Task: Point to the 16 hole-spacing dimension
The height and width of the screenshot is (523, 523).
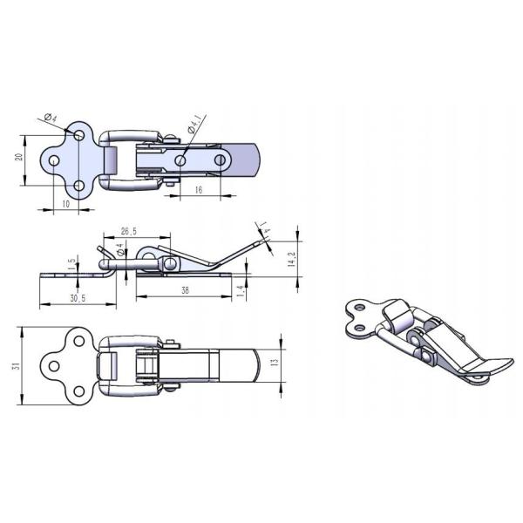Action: pos(198,190)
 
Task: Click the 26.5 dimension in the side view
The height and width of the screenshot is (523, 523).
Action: pos(129,232)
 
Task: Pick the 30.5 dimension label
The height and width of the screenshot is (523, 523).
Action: pos(77,298)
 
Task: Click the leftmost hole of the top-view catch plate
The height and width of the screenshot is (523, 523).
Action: pos(54,160)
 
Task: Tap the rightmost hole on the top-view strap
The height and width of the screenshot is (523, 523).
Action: pos(221,160)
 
